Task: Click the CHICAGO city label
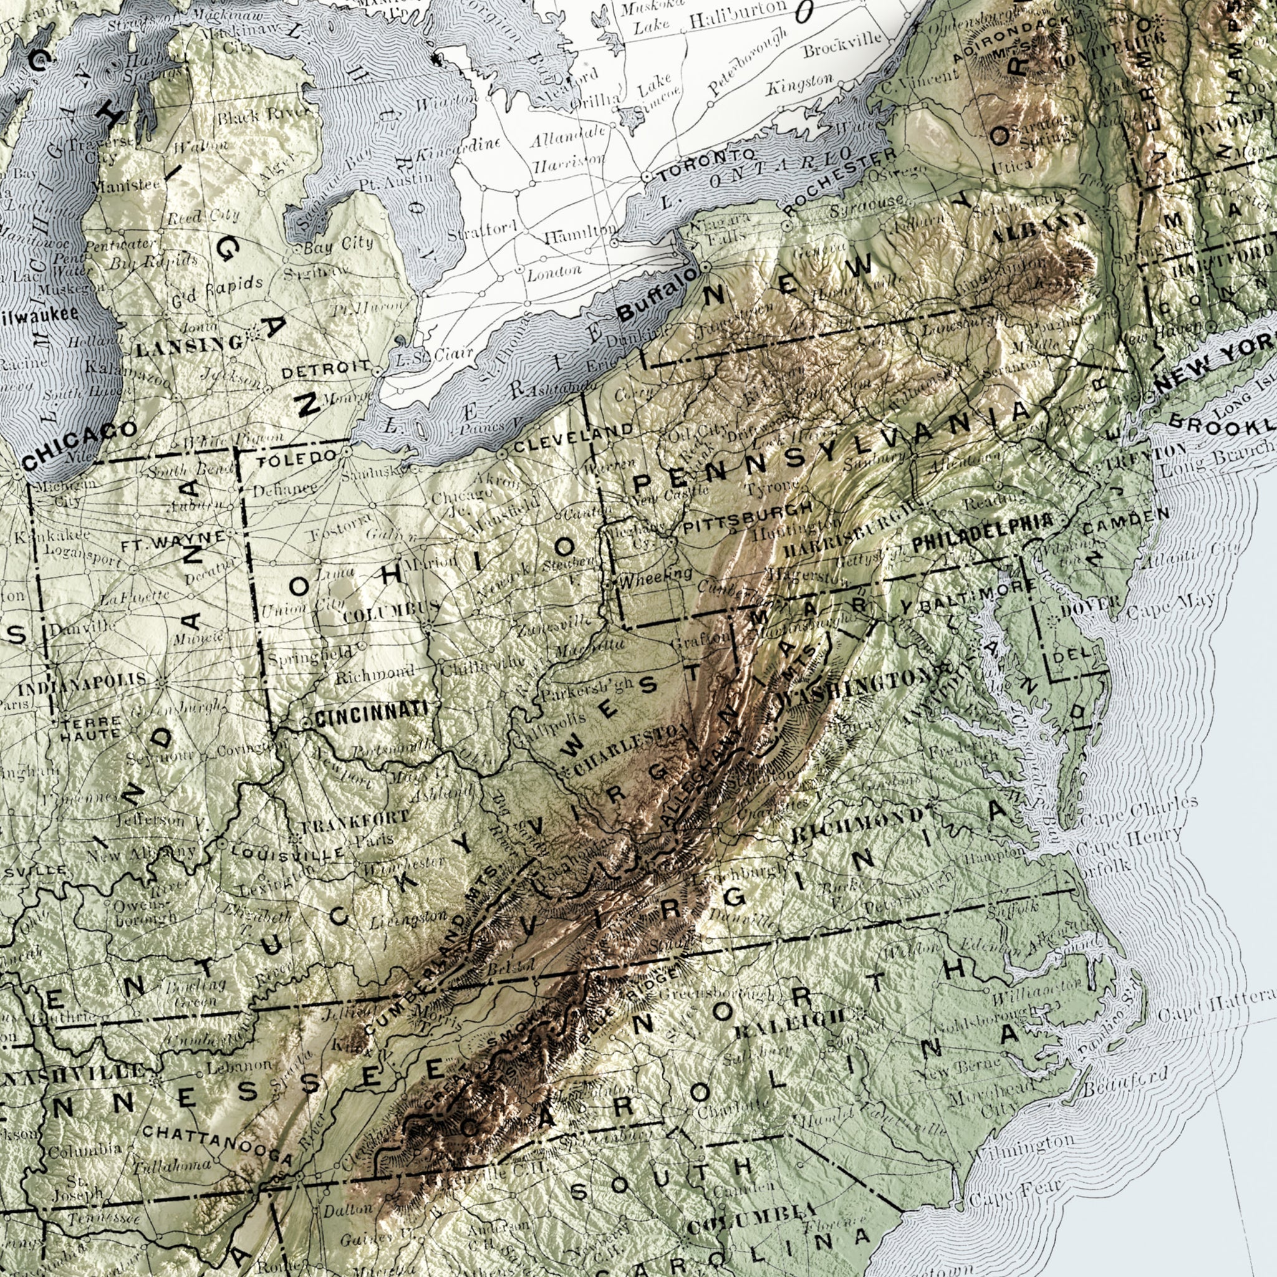pos(79,445)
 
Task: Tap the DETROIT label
pos(326,369)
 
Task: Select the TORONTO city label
pos(705,165)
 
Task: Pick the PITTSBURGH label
pos(748,518)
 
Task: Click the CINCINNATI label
pos(370,714)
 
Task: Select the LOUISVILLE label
pos(287,851)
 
